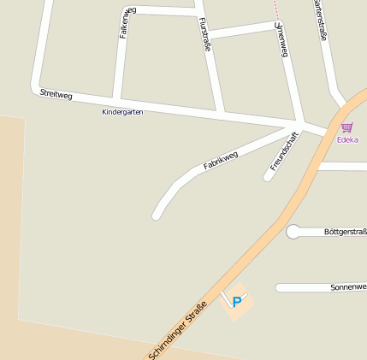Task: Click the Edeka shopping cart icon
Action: (346, 127)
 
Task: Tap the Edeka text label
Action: (347, 139)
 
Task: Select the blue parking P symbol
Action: (237, 301)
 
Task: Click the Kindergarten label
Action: (122, 112)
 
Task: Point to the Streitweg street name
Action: (56, 94)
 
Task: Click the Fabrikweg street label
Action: (220, 156)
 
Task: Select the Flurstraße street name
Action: (204, 34)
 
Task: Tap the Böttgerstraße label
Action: (346, 232)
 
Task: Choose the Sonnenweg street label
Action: (348, 288)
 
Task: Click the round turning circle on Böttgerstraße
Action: (293, 232)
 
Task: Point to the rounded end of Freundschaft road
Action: (268, 177)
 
